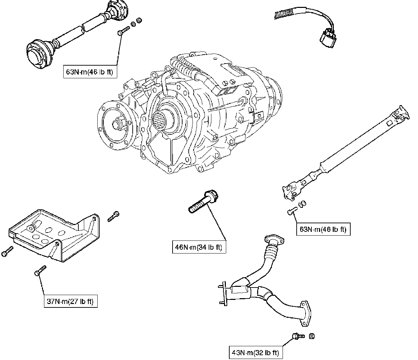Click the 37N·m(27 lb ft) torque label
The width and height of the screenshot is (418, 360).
pos(70,301)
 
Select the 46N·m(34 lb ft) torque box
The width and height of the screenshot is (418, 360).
pos(199,247)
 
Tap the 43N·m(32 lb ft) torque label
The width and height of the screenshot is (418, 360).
pos(256,352)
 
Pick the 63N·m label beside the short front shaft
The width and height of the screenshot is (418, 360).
pos(90,72)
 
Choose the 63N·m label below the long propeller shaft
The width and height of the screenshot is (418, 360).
pos(323,229)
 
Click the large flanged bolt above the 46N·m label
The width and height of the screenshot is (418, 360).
pos(203,202)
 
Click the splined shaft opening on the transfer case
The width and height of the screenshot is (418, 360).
pos(163,120)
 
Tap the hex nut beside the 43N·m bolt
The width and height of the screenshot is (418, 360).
pos(312,336)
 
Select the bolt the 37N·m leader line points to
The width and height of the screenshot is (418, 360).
pos(40,271)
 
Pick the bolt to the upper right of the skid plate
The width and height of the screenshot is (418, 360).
pos(113,216)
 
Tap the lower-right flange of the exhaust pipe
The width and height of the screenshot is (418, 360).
pos(306,314)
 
